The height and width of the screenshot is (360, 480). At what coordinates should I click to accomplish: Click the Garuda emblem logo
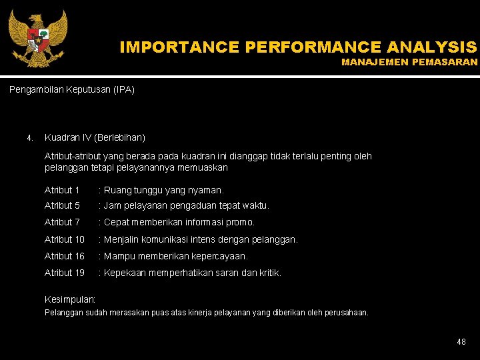coord(37,38)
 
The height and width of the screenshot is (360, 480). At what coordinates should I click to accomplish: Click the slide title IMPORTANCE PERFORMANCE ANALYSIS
coord(298,47)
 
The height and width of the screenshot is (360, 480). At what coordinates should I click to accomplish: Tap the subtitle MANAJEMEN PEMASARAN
coord(409,62)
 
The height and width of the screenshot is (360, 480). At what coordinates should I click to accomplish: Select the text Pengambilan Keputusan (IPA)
coord(72,89)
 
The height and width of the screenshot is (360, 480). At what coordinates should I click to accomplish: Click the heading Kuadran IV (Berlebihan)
coord(95,138)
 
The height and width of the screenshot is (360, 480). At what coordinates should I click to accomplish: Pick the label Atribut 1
coord(62,190)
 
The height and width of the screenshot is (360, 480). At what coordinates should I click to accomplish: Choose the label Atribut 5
coord(62,206)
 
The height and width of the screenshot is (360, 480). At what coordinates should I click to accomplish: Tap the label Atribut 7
coord(62,222)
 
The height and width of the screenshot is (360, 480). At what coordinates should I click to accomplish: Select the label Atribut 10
coord(65,239)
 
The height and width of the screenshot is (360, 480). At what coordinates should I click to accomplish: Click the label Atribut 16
coord(65,256)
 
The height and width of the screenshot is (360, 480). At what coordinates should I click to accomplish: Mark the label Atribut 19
coord(65,273)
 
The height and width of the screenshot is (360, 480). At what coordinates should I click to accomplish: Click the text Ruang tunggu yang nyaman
coord(163,190)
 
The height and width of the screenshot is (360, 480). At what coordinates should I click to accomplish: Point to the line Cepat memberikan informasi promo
coord(179,222)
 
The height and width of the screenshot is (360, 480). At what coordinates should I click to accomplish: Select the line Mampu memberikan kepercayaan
coord(175,256)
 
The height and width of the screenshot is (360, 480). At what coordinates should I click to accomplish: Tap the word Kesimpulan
coord(70,300)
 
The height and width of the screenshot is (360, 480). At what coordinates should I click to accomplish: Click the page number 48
coord(461,342)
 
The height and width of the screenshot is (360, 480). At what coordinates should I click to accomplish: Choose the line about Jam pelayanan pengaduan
coord(186,206)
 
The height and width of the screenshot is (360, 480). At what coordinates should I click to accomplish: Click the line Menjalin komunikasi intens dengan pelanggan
coord(200,239)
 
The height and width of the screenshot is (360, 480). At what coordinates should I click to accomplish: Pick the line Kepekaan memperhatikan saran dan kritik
coord(192,273)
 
